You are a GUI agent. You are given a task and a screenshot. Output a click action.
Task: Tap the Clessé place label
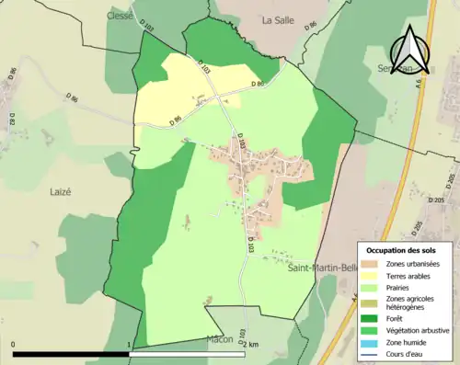click(x=121, y=15)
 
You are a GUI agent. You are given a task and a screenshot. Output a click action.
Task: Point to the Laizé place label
click(x=51, y=192)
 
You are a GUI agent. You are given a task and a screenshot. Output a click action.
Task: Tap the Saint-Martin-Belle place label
click(x=321, y=268)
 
